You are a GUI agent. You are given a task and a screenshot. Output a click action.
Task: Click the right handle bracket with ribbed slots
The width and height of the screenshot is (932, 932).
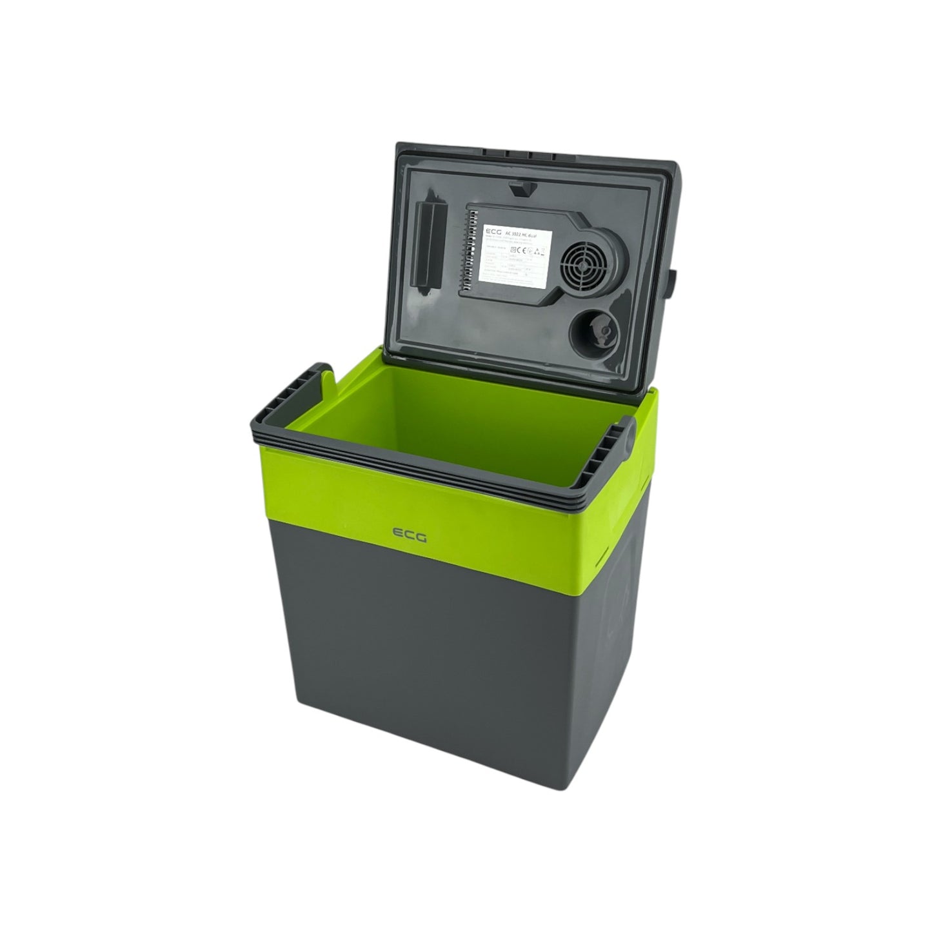pyautogui.click(x=616, y=455)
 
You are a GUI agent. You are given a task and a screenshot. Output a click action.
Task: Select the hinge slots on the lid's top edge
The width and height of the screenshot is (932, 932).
pyautogui.click(x=519, y=154)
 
